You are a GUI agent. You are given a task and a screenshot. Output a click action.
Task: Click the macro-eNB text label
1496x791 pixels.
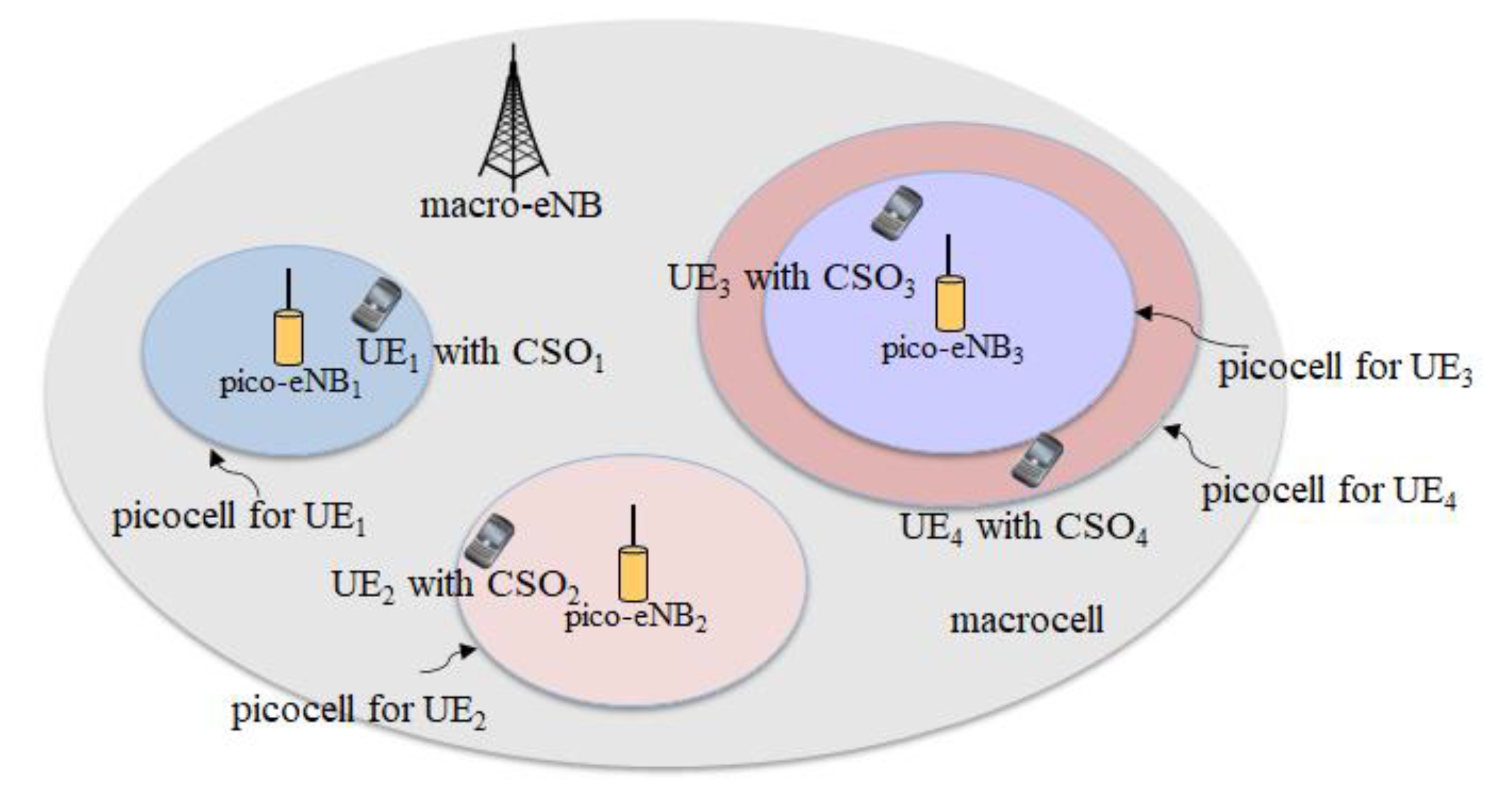click(511, 205)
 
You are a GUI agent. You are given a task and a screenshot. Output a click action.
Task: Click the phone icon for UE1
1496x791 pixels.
click(377, 304)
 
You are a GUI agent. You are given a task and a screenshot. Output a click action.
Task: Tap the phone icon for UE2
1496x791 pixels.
click(489, 541)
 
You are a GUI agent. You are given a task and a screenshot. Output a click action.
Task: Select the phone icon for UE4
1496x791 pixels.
click(1037, 460)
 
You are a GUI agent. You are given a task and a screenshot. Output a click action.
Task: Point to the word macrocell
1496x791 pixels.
click(1027, 620)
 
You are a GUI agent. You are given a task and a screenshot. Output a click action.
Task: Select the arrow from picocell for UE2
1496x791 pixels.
click(450, 662)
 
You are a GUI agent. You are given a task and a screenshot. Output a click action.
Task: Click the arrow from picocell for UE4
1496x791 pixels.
click(1191, 447)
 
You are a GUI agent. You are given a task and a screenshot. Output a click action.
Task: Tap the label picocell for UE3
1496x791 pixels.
click(1344, 368)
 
